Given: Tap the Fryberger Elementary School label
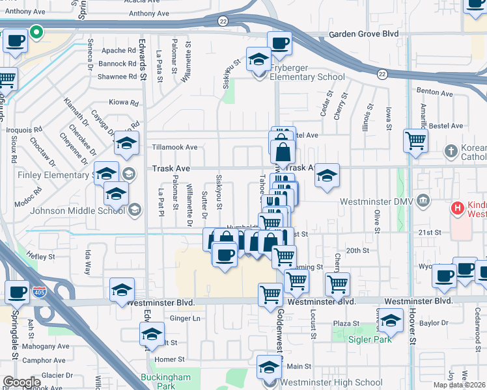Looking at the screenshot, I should tap(307, 77).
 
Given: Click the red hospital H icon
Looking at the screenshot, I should tap(458, 209).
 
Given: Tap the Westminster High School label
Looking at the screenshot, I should tap(333, 382).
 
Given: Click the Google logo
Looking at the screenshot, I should tap(21, 382).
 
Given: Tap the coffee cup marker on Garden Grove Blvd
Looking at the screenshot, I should tap(280, 43).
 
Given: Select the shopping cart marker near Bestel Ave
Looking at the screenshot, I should tap(415, 139).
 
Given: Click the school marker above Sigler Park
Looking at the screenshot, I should tap(391, 320).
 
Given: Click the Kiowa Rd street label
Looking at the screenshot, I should tap(123, 103).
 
